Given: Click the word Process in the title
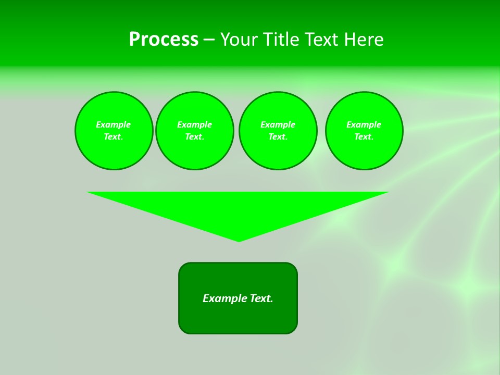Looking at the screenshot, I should [x=164, y=40].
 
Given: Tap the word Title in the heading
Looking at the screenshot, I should [x=280, y=40].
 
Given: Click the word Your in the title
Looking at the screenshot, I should [x=239, y=40].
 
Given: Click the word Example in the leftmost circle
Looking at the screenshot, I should [x=114, y=124].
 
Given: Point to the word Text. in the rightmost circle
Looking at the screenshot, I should [x=364, y=136].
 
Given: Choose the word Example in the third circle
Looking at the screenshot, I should [x=278, y=124].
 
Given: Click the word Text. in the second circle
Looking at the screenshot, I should [x=194, y=136].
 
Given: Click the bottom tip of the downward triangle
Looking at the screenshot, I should [x=239, y=241].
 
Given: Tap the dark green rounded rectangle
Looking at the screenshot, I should [x=238, y=318].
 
